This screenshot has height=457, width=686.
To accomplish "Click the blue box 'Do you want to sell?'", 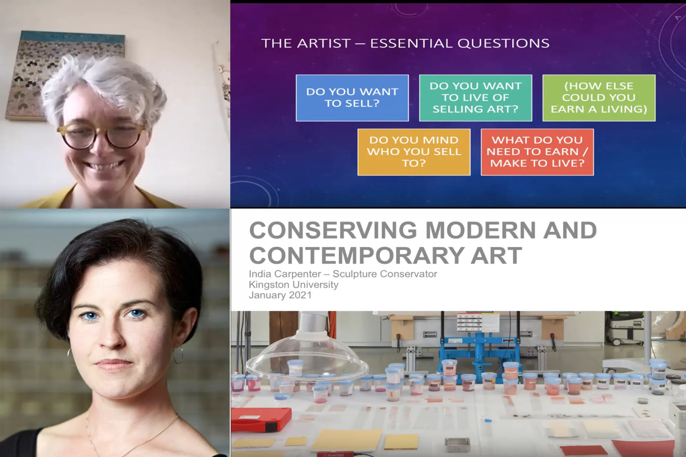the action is pyautogui.click(x=352, y=98).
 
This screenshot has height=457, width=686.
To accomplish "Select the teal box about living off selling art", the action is pyautogui.click(x=476, y=98).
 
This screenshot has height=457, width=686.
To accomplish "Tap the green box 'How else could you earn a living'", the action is pyautogui.click(x=599, y=98).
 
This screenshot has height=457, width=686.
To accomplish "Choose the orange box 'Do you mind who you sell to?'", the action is pyautogui.click(x=414, y=152).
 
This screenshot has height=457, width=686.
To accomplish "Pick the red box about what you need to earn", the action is pyautogui.click(x=537, y=152).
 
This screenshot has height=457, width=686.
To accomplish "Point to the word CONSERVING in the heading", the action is pyautogui.click(x=333, y=230).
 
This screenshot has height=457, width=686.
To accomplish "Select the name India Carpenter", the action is pyautogui.click(x=285, y=274).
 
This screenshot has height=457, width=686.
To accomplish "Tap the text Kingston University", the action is pyautogui.click(x=293, y=285).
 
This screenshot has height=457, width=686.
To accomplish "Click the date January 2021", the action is pyautogui.click(x=280, y=295).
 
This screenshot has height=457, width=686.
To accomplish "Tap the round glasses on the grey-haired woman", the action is pyautogui.click(x=101, y=135).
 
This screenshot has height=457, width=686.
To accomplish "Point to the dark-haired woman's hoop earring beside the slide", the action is pyautogui.click(x=178, y=354).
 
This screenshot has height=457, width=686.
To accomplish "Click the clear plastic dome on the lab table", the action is pyautogui.click(x=307, y=357).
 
